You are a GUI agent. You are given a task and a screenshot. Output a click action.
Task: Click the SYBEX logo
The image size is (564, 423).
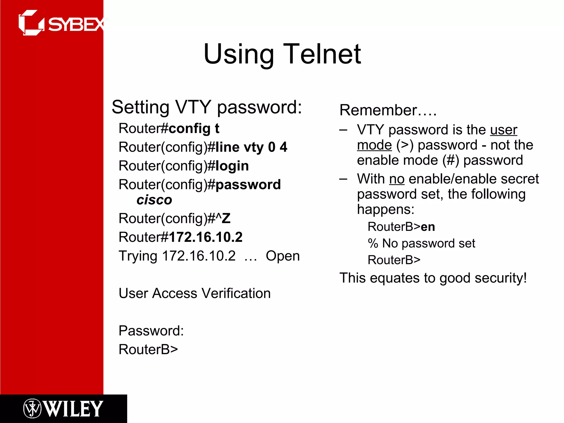click(x=62, y=23)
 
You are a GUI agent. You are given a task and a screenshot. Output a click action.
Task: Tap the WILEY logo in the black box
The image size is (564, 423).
click(x=63, y=409)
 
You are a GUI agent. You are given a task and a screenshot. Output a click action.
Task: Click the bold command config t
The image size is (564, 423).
click(x=194, y=129)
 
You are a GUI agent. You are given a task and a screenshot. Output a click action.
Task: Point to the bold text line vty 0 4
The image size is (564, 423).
click(x=251, y=147)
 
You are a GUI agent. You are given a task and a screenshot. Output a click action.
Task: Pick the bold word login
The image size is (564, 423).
click(x=232, y=166)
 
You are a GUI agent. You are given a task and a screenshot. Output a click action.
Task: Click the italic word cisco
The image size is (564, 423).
click(x=154, y=200)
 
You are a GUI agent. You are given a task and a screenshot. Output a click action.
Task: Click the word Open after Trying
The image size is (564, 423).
click(x=283, y=256)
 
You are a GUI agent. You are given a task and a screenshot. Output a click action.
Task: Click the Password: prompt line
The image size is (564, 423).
click(x=151, y=331)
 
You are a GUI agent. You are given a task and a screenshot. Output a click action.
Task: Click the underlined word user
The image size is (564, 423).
click(x=504, y=130)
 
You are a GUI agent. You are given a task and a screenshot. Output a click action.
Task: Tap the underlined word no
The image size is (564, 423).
click(x=397, y=179)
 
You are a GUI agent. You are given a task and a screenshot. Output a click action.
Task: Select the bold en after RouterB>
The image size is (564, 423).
click(x=428, y=227)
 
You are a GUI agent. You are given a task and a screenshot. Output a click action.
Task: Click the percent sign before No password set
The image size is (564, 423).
click(x=373, y=243)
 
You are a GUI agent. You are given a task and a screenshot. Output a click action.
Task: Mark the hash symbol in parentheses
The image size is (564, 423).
click(x=451, y=160)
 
